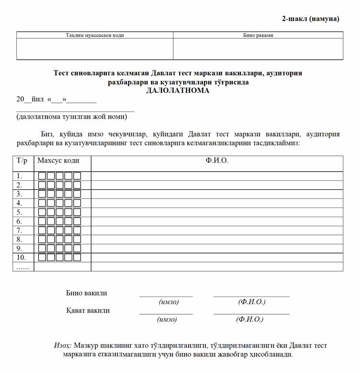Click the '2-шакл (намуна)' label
(x=310, y=19)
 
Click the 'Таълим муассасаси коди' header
(x=95, y=35)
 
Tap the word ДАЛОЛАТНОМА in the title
(x=178, y=90)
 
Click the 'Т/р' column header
(x=23, y=161)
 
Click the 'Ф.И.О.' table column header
(x=217, y=161)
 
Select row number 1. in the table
(x=20, y=176)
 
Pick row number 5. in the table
(x=20, y=212)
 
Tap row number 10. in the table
(x=22, y=258)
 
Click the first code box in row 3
(x=42, y=194)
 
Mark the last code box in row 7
(x=77, y=230)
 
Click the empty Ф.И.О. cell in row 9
(x=217, y=249)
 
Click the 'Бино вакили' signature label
(x=87, y=293)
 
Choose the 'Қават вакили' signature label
(x=88, y=310)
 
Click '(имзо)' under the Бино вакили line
(x=169, y=302)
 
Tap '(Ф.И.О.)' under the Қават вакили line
(x=249, y=319)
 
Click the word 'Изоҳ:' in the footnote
(x=63, y=345)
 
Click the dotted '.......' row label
(x=23, y=267)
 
